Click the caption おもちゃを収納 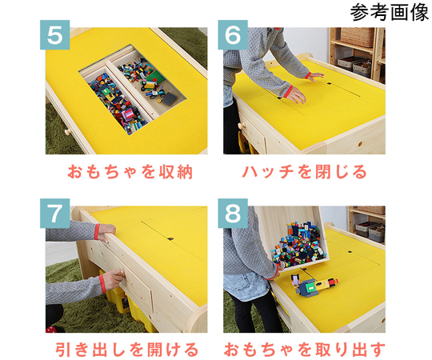(127, 172)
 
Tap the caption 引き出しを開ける (127, 350)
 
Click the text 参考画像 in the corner (389, 14)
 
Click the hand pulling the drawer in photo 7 (113, 279)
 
